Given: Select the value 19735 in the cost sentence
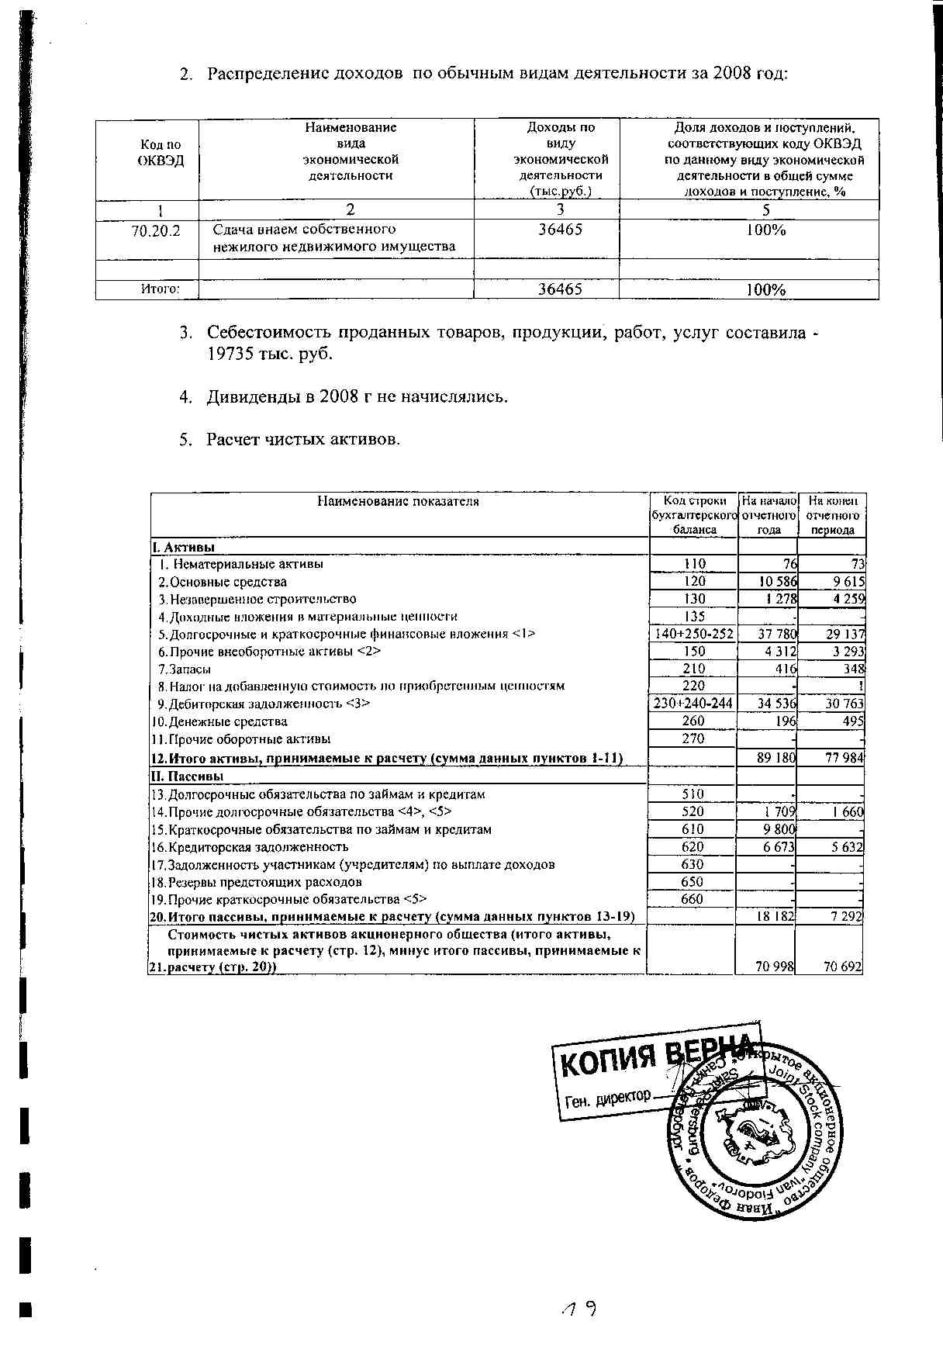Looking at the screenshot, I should tap(230, 353).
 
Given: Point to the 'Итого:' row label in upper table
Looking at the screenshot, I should tap(160, 289).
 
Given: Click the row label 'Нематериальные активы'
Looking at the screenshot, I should tap(247, 564).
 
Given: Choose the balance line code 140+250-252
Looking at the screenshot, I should tap(693, 634).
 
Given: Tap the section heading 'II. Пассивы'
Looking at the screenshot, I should tap(187, 776).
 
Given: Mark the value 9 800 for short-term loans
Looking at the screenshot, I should tap(780, 829).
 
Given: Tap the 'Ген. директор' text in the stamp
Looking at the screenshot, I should tap(607, 1098).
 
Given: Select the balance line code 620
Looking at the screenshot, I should tap(692, 847).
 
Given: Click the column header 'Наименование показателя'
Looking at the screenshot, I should tap(398, 501).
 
